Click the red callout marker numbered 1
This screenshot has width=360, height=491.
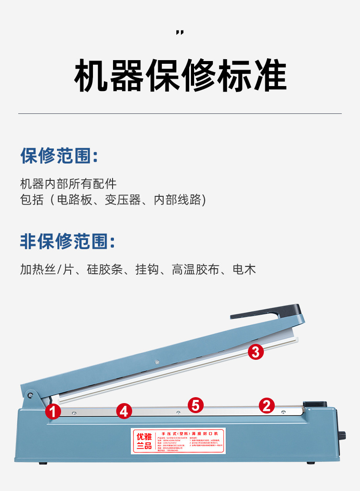pos(53,412)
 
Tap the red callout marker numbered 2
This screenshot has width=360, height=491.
pos(267,405)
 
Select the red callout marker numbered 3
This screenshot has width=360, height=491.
pos(256,352)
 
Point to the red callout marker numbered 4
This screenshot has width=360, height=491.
pos(124,411)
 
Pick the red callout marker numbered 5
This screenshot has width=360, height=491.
pos(195,404)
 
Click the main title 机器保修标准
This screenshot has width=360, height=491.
pos(180,75)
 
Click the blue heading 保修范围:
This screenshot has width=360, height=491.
pos(59,156)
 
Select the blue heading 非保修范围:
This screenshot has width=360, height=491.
pos(67,241)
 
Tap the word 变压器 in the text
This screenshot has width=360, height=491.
pos(123,200)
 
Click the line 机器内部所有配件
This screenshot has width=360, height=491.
pos(68,184)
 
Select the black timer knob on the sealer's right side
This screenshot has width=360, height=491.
pos(342,435)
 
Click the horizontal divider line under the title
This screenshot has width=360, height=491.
pos(180,113)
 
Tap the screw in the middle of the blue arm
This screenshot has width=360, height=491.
pos(157,362)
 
